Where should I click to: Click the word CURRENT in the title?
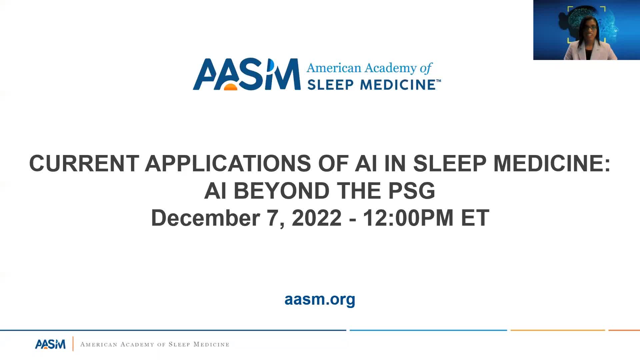tap(84, 163)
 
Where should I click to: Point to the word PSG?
tap(412, 191)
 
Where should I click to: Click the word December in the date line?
tap(205, 218)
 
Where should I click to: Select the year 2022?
tap(317, 218)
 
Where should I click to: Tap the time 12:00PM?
tap(408, 218)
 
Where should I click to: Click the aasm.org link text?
tap(320, 299)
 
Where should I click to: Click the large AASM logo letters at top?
tap(247, 74)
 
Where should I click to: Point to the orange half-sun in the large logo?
tap(230, 87)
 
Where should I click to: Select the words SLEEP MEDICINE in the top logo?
tap(371, 85)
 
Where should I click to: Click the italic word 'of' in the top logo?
tap(426, 68)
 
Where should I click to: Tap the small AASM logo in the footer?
tap(50, 344)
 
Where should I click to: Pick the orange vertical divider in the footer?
tap(73, 344)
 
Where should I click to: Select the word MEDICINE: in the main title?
tap(552, 163)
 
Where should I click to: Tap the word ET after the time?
tap(475, 218)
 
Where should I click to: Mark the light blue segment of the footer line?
tap(428, 330)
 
